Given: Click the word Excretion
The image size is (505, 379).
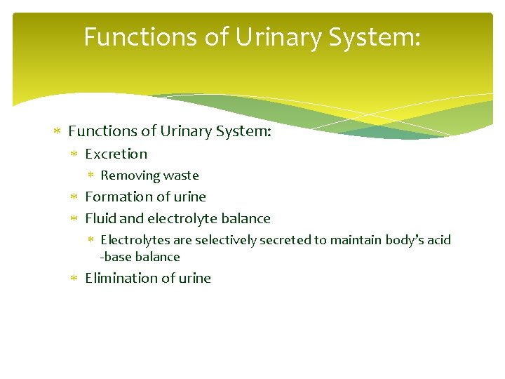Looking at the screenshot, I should click(x=116, y=154).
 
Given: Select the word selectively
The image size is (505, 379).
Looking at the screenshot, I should click(x=227, y=240).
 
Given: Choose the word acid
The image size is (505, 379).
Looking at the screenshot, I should click(x=439, y=240).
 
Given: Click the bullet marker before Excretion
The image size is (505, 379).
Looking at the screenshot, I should click(x=76, y=154).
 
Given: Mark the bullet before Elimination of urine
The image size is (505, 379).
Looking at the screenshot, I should click(x=76, y=279).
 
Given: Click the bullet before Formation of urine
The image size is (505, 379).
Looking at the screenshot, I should click(x=76, y=197).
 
